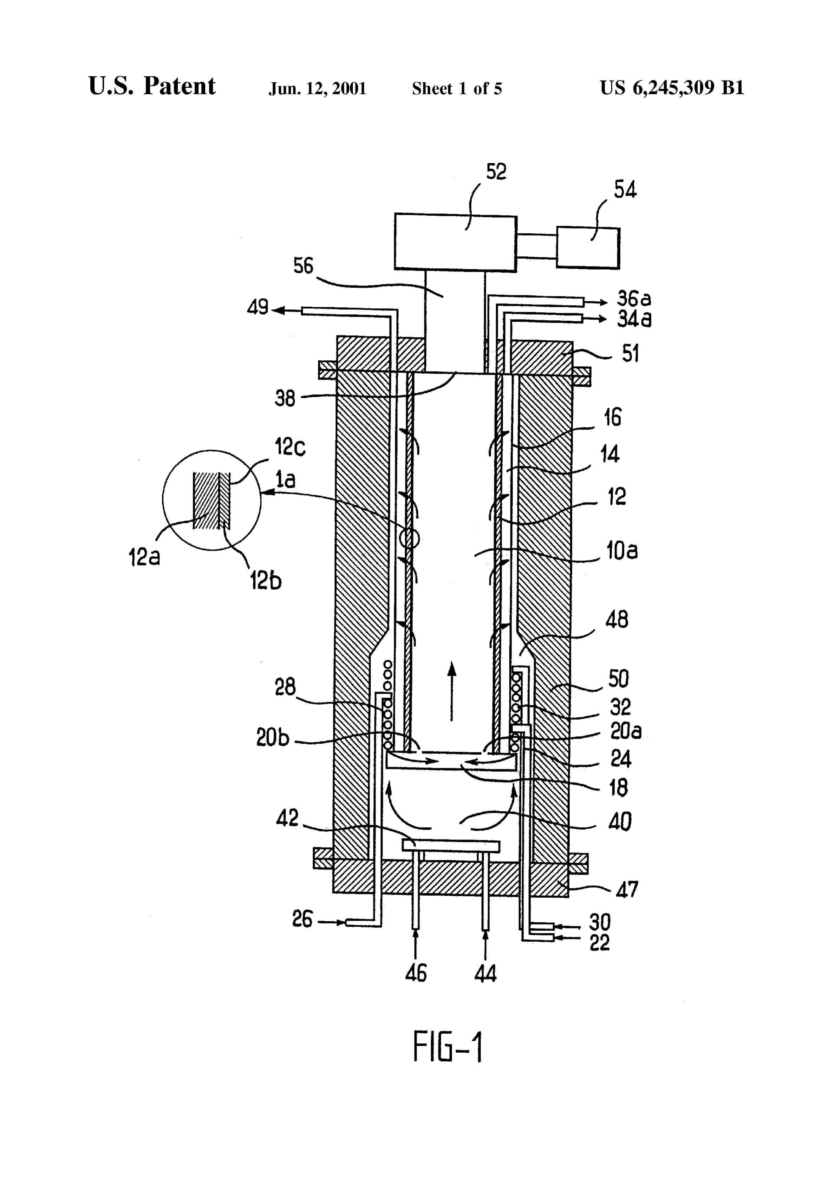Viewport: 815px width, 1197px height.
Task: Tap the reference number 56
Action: pyautogui.click(x=304, y=266)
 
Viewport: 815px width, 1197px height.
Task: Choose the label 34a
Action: pyautogui.click(x=634, y=319)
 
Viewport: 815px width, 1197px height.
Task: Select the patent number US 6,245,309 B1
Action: pyautogui.click(x=672, y=88)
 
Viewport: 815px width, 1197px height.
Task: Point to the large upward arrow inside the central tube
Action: pyautogui.click(x=451, y=691)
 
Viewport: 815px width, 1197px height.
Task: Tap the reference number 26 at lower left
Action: pyautogui.click(x=302, y=919)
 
